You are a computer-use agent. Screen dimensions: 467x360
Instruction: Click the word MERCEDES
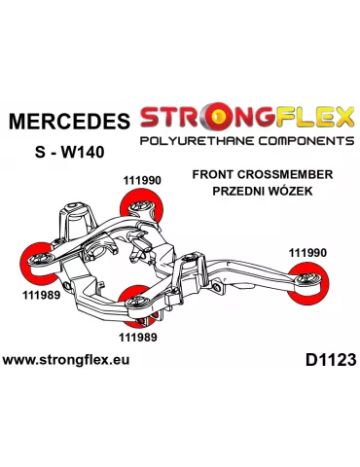pos(68,123)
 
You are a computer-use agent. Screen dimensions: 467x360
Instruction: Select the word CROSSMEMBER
pos(293,174)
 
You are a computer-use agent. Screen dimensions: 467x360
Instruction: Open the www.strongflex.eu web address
pos(67,359)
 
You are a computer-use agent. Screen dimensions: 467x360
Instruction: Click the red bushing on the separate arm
pos(317,284)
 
